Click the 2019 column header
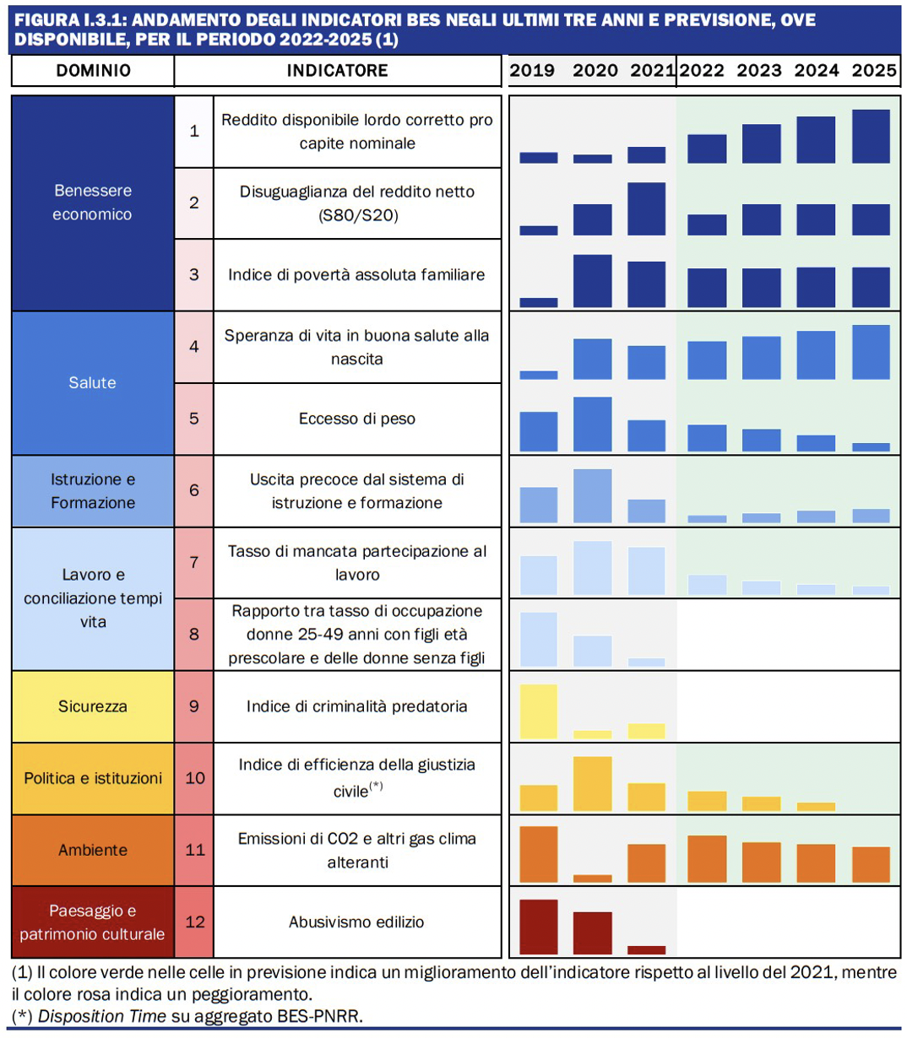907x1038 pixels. [532, 71]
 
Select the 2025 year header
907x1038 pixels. [874, 71]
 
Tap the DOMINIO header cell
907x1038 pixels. [93, 71]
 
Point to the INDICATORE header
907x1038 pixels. [338, 71]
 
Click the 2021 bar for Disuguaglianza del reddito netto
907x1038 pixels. [646, 208]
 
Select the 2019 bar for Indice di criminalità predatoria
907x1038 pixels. [538, 711]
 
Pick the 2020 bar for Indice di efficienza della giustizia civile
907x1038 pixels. [592, 783]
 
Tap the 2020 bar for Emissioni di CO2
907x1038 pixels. [592, 879]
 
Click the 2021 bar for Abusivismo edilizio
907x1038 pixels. [646, 949]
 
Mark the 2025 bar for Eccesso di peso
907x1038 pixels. [872, 447]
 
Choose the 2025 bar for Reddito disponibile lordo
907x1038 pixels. [872, 136]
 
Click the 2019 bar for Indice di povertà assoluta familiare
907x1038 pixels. [538, 302]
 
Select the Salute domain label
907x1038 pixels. [93, 383]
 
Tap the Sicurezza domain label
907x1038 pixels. [93, 706]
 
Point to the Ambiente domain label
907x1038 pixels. [93, 850]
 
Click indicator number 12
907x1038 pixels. [194, 922]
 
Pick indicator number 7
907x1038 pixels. [194, 563]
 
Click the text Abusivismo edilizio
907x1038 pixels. [356, 922]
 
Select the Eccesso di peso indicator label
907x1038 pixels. [356, 419]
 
